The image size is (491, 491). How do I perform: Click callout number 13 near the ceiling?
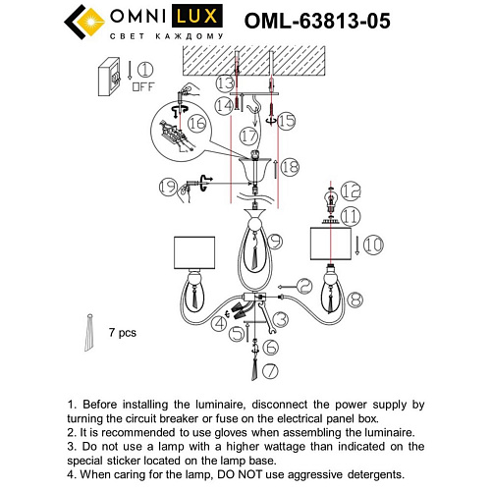tap(225, 83)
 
